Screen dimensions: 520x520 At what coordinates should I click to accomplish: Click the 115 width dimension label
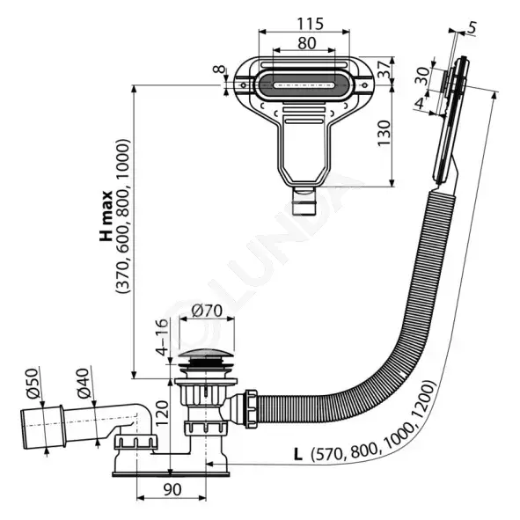click(x=310, y=24)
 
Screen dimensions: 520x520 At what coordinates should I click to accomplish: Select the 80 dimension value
click(x=307, y=43)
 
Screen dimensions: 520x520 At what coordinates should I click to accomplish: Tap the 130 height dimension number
click(x=385, y=133)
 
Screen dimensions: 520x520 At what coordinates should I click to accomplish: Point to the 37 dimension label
click(x=385, y=70)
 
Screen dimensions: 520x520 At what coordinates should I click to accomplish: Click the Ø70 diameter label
click(x=207, y=311)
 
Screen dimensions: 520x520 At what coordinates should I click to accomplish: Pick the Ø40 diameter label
click(x=84, y=383)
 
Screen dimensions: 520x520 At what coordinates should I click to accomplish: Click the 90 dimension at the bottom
click(x=172, y=490)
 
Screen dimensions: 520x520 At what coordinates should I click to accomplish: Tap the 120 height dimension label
click(x=163, y=414)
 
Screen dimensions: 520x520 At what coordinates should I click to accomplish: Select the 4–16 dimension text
click(x=163, y=337)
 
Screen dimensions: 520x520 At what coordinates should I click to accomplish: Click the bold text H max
click(x=106, y=216)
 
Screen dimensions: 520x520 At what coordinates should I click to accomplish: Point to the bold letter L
click(x=298, y=454)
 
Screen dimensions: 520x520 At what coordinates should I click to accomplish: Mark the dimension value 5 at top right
click(x=472, y=27)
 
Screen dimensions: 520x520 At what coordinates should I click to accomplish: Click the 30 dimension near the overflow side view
click(x=422, y=76)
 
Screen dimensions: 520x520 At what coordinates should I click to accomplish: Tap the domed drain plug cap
click(x=206, y=355)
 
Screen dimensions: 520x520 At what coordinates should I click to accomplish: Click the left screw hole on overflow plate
click(x=243, y=85)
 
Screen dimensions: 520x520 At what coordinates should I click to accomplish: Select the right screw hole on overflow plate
click(x=364, y=85)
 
